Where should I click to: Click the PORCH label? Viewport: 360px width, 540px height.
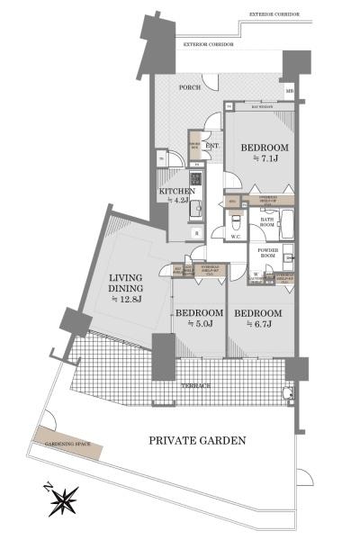coord(189,87)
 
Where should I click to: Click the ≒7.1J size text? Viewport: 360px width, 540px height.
coord(263,160)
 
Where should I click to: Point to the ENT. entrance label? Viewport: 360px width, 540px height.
coord(213,146)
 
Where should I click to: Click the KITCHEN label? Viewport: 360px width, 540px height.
coord(177,191)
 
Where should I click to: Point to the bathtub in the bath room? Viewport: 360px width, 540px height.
coord(290,221)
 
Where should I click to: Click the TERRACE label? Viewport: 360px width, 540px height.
coord(195,385)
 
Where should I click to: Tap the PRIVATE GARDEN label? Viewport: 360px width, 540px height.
coord(198,440)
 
